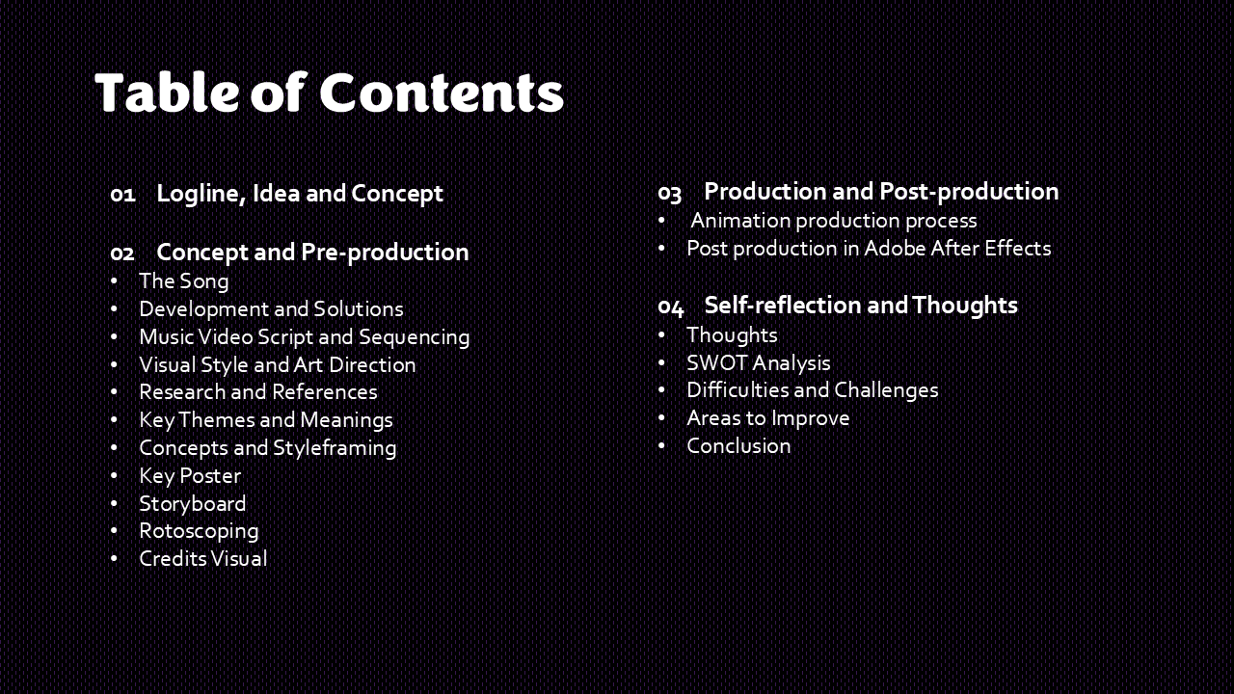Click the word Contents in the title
(442, 93)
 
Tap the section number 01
(122, 195)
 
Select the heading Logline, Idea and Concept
(300, 194)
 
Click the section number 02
(122, 254)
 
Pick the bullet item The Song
(184, 280)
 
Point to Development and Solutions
(271, 309)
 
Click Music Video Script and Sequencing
(305, 337)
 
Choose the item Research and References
(258, 392)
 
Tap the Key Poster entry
(190, 476)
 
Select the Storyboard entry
(193, 504)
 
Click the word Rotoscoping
(199, 531)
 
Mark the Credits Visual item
(203, 558)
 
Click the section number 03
(670, 193)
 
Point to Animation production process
(834, 221)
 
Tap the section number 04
(670, 307)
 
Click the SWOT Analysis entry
(759, 363)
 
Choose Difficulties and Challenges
(813, 390)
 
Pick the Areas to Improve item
(768, 418)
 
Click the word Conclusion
(738, 446)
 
